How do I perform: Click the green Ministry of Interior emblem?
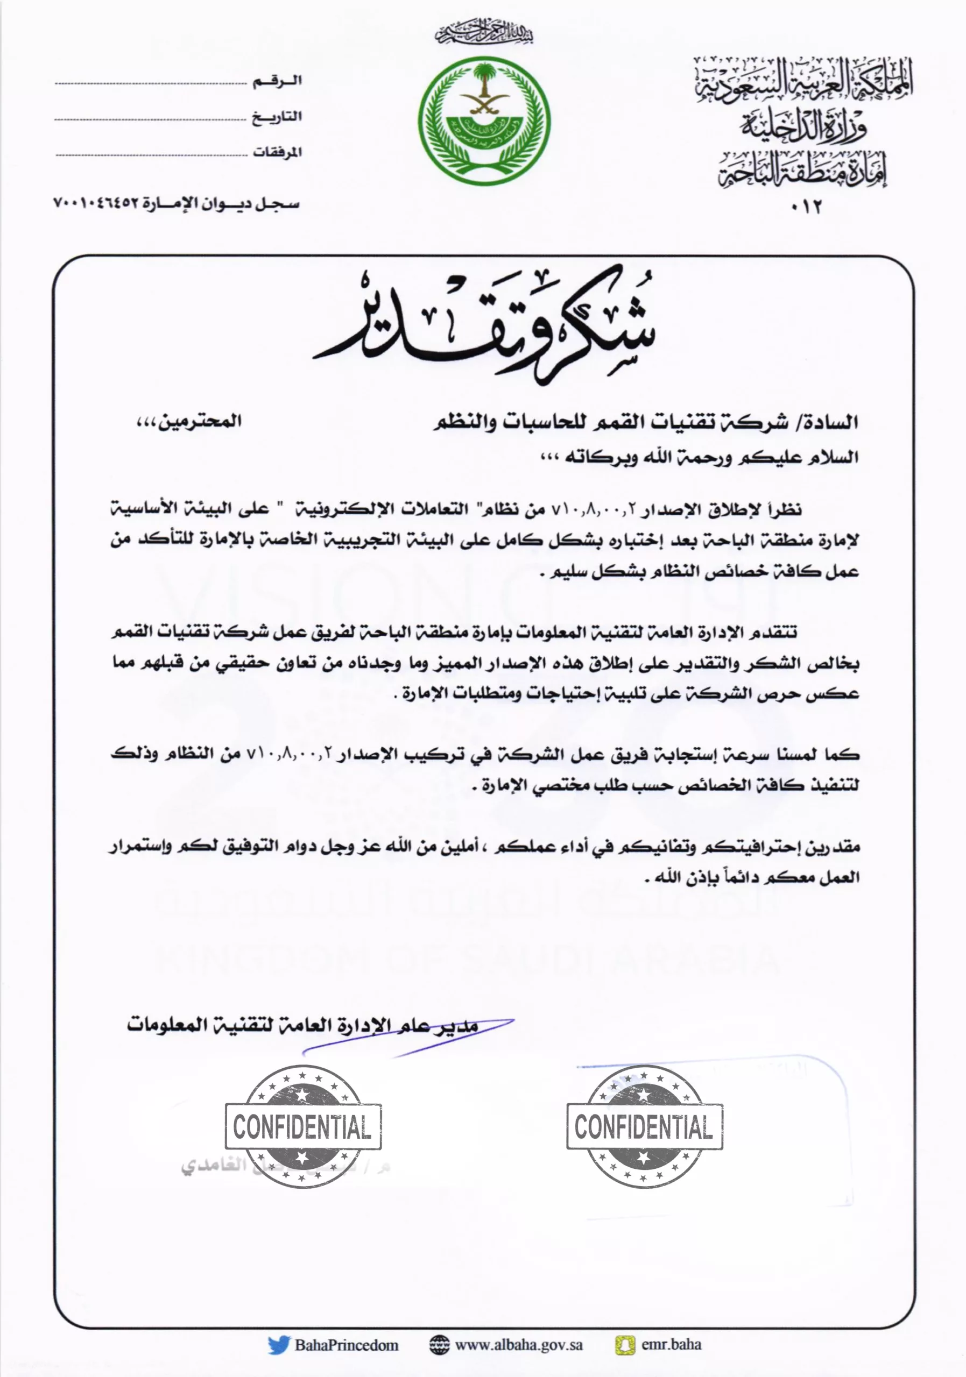point(484,121)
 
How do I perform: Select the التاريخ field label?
point(277,117)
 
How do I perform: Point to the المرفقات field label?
point(277,152)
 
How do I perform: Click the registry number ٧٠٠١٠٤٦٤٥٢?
point(96,204)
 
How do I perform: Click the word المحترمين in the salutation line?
point(198,422)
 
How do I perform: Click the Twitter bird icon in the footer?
point(278,1345)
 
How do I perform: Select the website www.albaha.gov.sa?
point(518,1345)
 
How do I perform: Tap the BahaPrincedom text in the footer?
point(346,1345)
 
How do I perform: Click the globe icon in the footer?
point(439,1345)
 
